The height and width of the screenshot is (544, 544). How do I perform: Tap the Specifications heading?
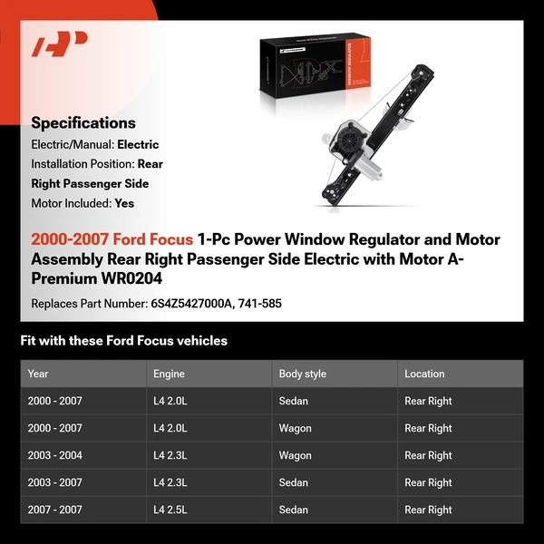(x=83, y=122)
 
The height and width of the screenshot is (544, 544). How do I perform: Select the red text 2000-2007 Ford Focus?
(x=112, y=239)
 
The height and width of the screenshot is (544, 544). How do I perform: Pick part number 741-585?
(x=260, y=303)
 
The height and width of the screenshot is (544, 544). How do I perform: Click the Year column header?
(x=38, y=374)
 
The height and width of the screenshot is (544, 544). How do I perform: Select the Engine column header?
(x=169, y=374)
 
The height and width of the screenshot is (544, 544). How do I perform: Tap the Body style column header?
(x=302, y=374)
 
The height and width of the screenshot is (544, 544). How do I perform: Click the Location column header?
(x=424, y=374)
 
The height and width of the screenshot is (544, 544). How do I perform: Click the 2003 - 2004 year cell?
(x=55, y=455)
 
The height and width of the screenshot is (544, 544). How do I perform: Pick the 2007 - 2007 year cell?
(x=55, y=510)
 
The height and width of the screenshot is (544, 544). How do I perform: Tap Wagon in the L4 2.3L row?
(x=295, y=455)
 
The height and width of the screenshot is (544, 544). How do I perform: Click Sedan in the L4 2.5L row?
(x=293, y=510)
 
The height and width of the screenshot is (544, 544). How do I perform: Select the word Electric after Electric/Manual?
(x=138, y=144)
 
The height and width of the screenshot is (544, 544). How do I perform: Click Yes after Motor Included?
(x=124, y=203)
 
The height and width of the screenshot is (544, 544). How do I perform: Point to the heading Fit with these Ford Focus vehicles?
(x=124, y=341)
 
